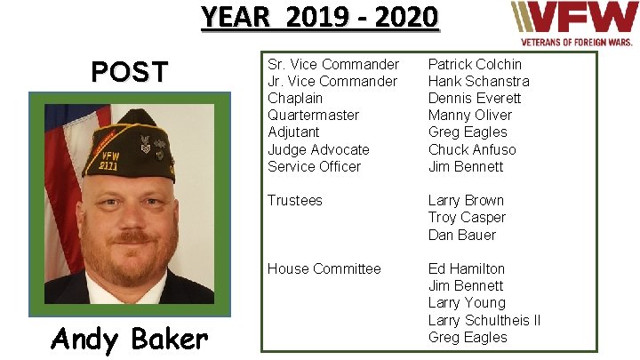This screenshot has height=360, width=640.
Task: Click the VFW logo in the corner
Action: [572, 23]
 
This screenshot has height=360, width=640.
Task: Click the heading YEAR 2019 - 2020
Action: [319, 18]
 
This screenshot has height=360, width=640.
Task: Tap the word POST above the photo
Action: [131, 72]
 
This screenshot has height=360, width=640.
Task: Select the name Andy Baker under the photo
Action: [129, 338]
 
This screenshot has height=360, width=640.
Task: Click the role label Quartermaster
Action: [313, 116]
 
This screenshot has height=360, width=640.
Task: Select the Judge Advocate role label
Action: [318, 149]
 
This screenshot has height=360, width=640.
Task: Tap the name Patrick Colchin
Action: [475, 64]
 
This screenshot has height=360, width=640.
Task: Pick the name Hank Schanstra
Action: [479, 81]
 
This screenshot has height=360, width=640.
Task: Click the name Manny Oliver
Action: [469, 116]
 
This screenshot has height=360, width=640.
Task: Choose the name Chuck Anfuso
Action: [471, 149]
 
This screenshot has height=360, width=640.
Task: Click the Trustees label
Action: [295, 201]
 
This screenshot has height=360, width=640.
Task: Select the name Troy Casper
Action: [467, 218]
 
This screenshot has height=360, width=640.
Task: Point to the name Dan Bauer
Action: [461, 235]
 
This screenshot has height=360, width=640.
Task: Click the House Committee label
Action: [324, 268]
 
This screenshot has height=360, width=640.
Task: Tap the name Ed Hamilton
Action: [466, 268]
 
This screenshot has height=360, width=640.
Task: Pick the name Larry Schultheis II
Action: [484, 320]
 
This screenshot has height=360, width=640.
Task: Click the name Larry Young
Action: [467, 303]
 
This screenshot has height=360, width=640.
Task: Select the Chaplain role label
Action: [294, 98]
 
